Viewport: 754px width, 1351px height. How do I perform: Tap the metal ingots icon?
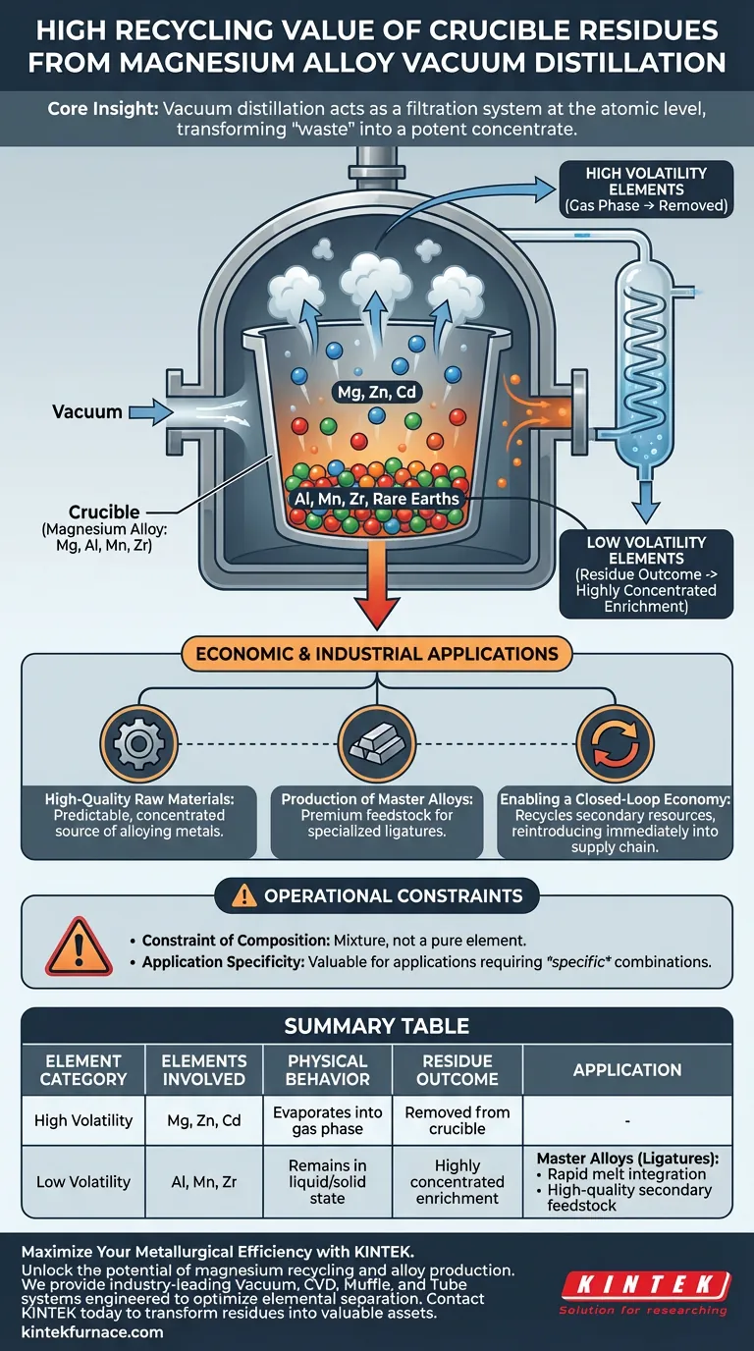tap(377, 745)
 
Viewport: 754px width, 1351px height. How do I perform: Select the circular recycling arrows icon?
tap(616, 745)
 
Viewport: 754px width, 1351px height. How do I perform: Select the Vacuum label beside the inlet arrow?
tap(86, 412)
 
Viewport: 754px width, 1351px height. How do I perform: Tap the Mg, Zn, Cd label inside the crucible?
tap(376, 391)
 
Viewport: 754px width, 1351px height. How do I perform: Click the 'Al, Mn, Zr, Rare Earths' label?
tap(376, 500)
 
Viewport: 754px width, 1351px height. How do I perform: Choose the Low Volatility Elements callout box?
tap(646, 574)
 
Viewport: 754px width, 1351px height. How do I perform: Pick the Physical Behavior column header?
tap(327, 1069)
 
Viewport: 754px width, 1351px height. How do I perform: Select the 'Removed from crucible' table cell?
tap(457, 1120)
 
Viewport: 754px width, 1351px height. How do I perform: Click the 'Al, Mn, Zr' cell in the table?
tap(204, 1182)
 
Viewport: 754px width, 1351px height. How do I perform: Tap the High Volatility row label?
tap(83, 1120)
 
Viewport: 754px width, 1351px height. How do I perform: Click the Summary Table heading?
tap(376, 1027)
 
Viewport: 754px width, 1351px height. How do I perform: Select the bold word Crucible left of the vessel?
tap(103, 513)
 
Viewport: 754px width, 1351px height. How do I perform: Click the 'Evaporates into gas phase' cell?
tap(327, 1120)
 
